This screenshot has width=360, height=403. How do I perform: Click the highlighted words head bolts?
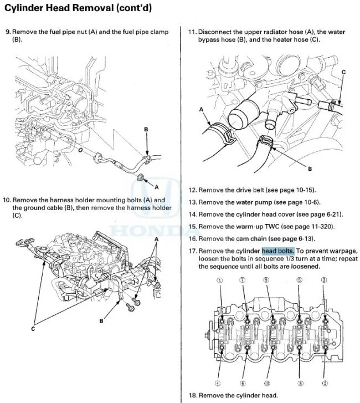pyautogui.click(x=278, y=251)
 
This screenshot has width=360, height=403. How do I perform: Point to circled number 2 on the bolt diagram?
pyautogui.click(x=324, y=384)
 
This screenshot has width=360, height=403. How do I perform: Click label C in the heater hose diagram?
pyautogui.click(x=343, y=72)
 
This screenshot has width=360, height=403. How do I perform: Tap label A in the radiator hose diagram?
pyautogui.click(x=202, y=110)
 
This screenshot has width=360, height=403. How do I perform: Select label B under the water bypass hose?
pyautogui.click(x=310, y=169)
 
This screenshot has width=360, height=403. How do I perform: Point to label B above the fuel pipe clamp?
pyautogui.click(x=146, y=129)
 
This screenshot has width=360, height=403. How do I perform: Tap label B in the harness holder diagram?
pyautogui.click(x=102, y=320)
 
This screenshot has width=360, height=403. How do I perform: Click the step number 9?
pyautogui.click(x=7, y=32)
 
